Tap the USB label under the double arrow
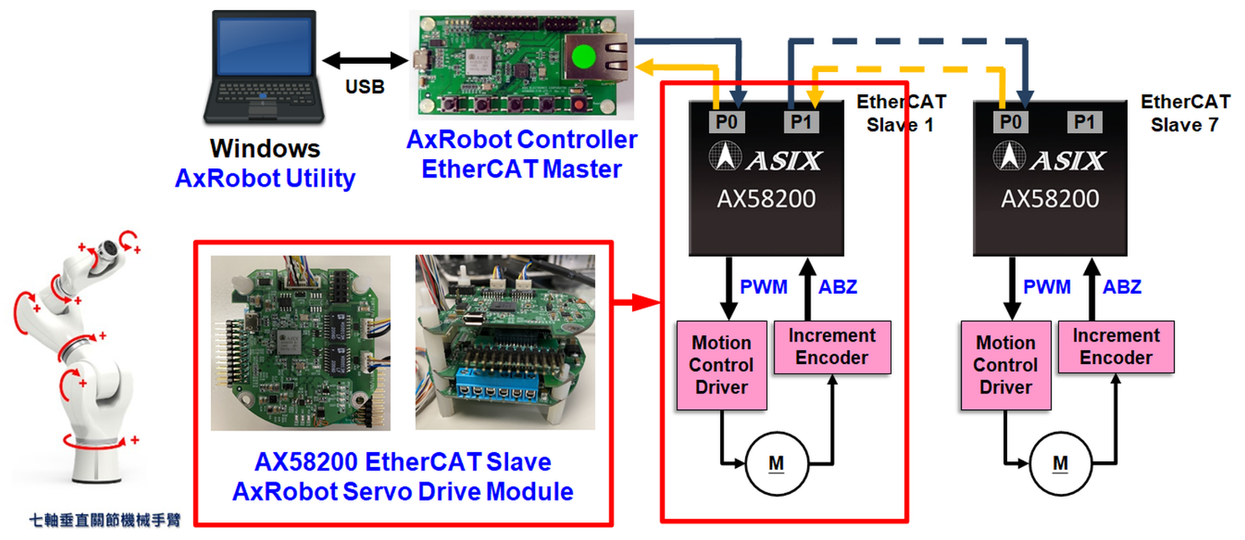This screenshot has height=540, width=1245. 364,85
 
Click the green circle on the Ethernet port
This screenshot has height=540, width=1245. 584,57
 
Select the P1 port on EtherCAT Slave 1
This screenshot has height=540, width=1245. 800,121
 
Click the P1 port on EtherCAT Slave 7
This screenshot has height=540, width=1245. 1084,121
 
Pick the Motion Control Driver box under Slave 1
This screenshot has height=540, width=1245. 721,365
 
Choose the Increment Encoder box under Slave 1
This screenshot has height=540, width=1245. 831,347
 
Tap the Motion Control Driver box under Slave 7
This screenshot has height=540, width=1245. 1006,365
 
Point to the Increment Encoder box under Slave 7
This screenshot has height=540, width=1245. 1116,347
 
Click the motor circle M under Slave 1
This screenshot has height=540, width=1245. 776,463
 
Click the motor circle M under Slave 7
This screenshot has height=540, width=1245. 1060,463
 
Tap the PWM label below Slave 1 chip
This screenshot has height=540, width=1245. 764,287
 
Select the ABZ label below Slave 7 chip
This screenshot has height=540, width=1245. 1121,287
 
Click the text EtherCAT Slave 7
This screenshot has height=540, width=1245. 1185,113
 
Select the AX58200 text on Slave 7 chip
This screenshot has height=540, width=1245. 1050,199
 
